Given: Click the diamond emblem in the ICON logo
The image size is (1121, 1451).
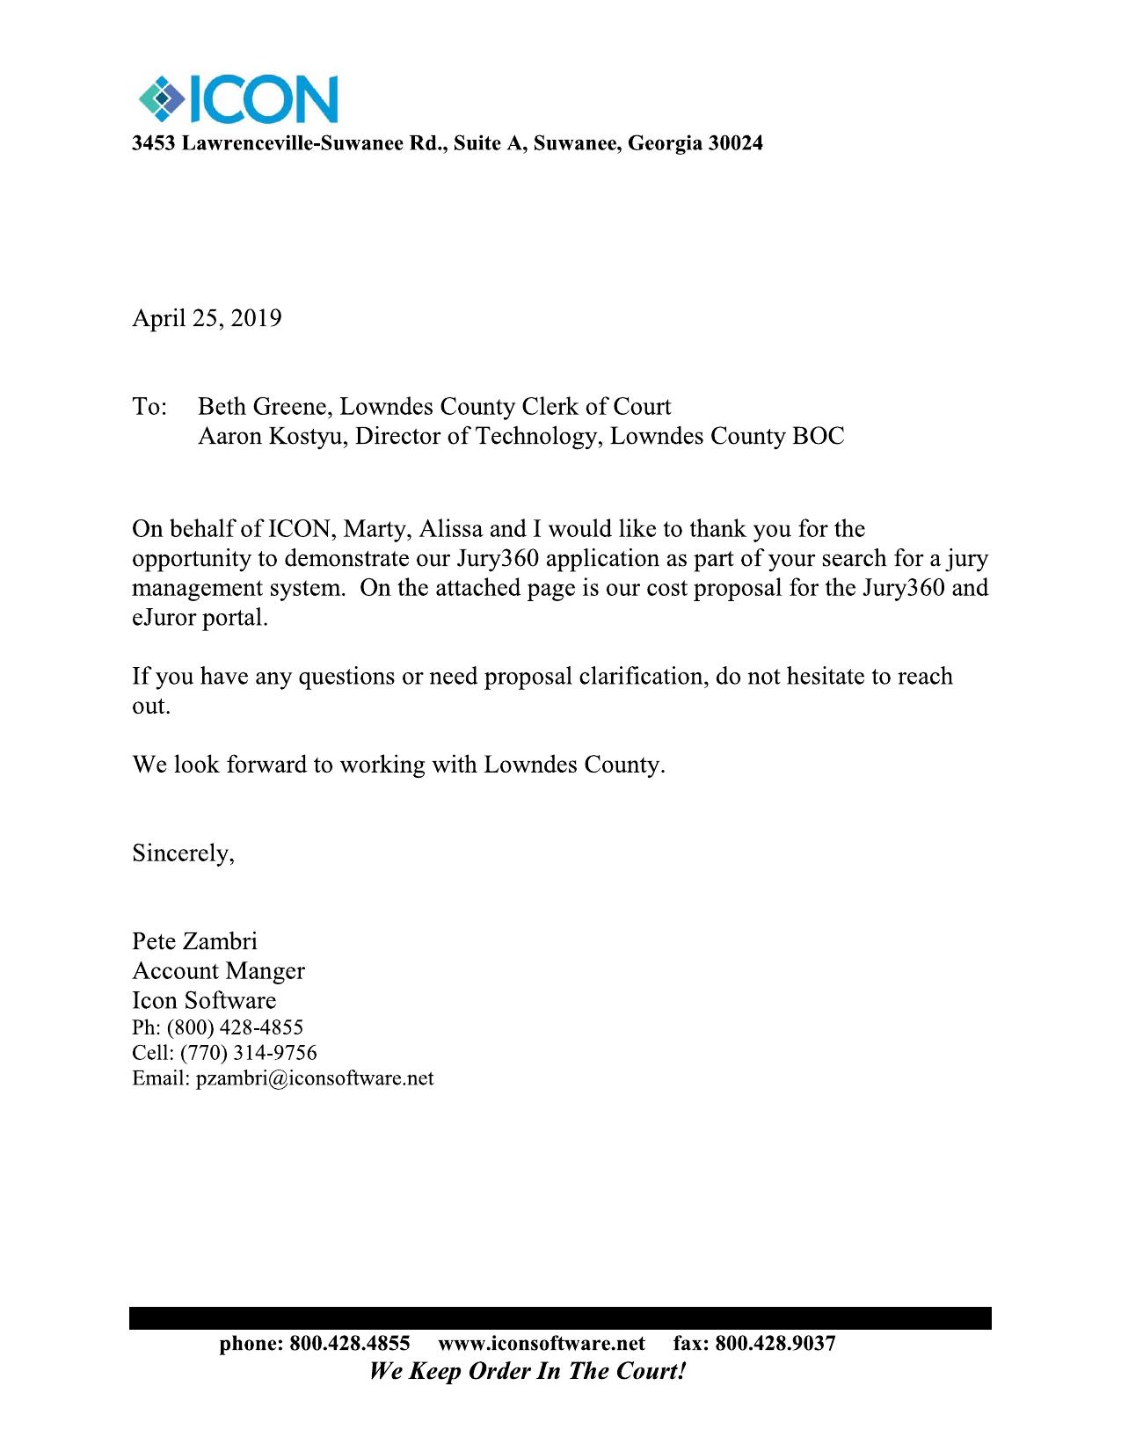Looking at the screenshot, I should click(159, 99).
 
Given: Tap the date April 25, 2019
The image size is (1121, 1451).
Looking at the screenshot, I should click(207, 318).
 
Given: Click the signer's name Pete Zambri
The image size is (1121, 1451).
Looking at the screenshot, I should click(194, 942).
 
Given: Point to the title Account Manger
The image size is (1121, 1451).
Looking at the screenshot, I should click(218, 971).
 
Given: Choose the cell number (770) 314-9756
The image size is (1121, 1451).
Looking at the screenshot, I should click(249, 1053).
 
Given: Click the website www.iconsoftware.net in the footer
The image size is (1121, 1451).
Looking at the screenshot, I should click(541, 1344).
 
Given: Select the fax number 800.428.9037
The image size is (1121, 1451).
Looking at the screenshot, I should click(775, 1344).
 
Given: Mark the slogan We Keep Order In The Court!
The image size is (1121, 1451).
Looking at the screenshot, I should click(527, 1371).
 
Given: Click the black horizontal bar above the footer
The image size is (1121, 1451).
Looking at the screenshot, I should click(560, 1317).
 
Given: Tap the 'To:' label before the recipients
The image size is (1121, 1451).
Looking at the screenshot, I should click(149, 407).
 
